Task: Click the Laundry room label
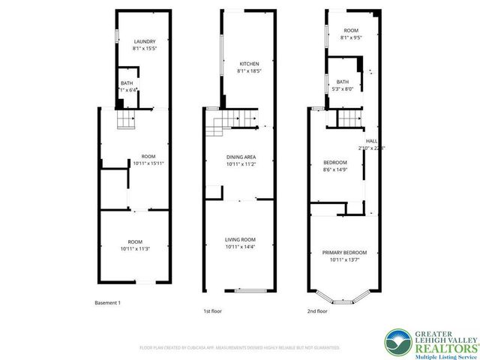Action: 144,41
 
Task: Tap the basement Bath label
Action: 127,84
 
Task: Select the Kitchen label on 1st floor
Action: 249,63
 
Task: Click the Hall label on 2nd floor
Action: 371,141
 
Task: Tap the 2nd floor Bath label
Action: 343,82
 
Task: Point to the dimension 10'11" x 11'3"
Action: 136,248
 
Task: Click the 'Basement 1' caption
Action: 107,302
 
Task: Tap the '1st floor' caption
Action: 212,310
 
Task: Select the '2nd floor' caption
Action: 317,310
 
